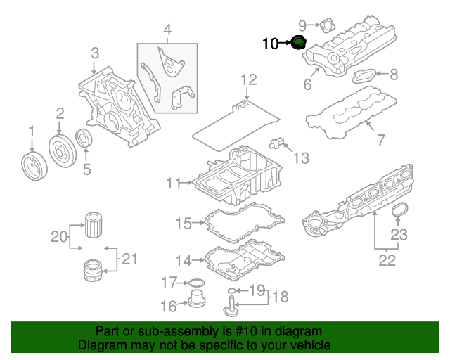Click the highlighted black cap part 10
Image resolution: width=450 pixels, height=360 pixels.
pos(300,44)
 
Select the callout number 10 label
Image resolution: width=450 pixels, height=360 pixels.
pos(270,44)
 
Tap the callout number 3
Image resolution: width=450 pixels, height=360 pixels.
pos(95,53)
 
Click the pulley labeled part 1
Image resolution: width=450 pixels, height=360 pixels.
pos(32,167)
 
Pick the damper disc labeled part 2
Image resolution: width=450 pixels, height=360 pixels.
pos(61,150)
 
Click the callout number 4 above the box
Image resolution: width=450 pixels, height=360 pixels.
pos(167,30)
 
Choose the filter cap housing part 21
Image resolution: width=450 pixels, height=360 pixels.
pos(90,269)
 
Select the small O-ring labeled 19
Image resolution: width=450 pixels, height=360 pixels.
pos(231,290)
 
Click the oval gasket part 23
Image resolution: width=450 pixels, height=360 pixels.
pos(399,210)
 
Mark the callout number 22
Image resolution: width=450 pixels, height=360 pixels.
pos(387,261)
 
